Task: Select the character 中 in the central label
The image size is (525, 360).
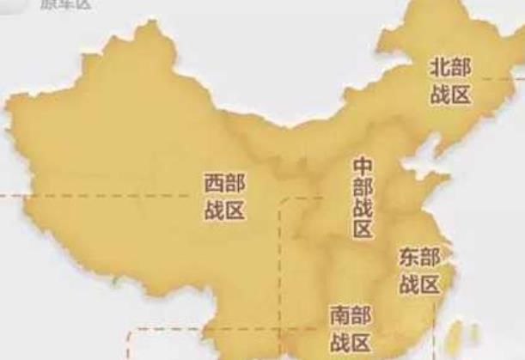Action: click(363, 164)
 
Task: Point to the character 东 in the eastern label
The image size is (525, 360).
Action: click(408, 257)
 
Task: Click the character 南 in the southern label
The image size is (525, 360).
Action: click(339, 315)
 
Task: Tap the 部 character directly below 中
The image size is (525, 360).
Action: click(363, 186)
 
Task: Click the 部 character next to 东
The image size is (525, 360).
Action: click(430, 257)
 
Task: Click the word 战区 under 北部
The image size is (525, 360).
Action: click(451, 94)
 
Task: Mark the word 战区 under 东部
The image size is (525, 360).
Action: click(419, 283)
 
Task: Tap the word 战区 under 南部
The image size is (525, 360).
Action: click(350, 343)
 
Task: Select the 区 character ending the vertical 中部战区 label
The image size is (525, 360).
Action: click(363, 229)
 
